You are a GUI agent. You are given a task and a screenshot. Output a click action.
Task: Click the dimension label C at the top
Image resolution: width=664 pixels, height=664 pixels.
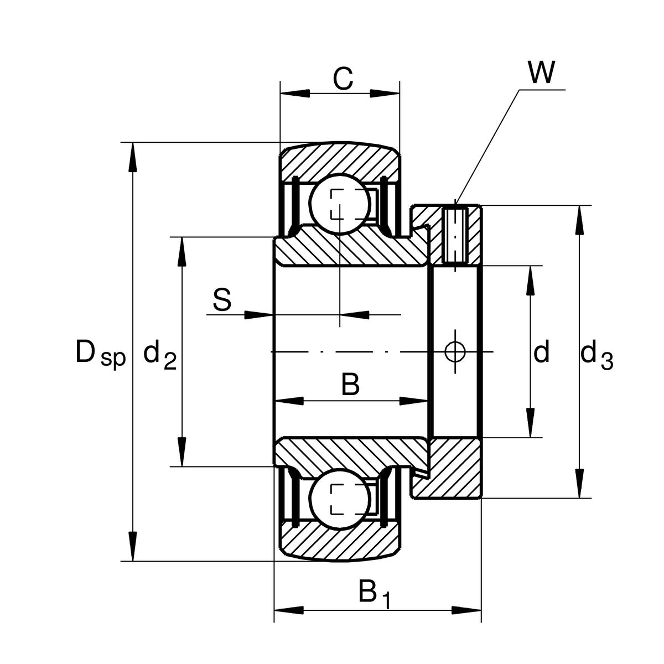click(343, 79)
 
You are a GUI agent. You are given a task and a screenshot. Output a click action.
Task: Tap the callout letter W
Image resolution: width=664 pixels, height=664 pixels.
click(541, 72)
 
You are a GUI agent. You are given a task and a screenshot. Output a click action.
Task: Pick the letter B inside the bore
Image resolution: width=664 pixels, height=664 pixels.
click(350, 384)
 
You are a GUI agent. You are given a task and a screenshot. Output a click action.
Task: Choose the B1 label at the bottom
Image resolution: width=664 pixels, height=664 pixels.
click(374, 594)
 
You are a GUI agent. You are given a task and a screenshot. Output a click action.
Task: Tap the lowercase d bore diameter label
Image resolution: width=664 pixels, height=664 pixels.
click(541, 352)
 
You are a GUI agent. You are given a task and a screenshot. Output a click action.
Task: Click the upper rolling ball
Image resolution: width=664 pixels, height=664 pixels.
click(339, 204)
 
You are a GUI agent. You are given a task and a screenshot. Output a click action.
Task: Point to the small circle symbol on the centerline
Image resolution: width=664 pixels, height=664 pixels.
click(455, 351)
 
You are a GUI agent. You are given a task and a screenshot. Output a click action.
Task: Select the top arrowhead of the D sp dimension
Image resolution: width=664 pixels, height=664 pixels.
click(132, 158)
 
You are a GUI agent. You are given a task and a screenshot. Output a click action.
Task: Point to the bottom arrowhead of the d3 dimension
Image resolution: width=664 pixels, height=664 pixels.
click(579, 484)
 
